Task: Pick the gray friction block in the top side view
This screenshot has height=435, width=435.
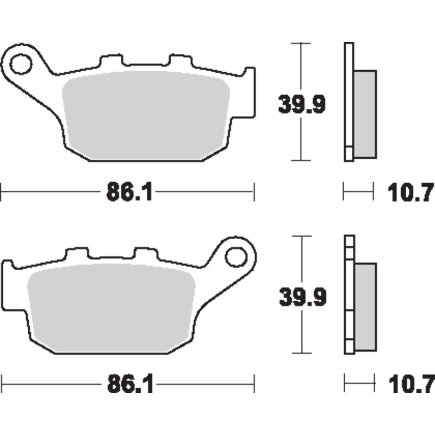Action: pyautogui.click(x=365, y=114)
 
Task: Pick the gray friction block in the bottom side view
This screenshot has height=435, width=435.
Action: pyautogui.click(x=365, y=307)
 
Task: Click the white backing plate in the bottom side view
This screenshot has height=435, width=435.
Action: pyautogui.click(x=349, y=296)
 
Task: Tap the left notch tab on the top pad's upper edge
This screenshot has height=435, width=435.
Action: pyautogui.click(x=110, y=59)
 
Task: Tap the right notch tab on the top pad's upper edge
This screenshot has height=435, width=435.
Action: pyautogui.click(x=179, y=59)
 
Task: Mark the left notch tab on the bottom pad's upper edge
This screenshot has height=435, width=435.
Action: pyautogui.click(x=76, y=253)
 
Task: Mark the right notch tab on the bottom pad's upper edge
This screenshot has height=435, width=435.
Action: pyautogui.click(x=145, y=253)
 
